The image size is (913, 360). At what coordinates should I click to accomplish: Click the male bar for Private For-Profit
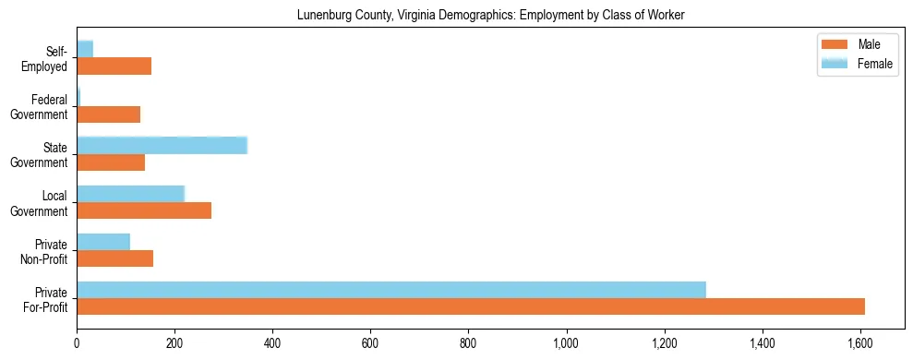[x=471, y=306]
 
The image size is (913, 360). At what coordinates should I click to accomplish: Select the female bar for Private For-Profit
[x=391, y=290]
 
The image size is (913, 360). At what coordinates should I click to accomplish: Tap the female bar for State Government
[x=162, y=145]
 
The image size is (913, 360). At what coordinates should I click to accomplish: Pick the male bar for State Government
[x=111, y=162]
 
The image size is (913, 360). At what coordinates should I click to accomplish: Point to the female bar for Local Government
[x=131, y=194]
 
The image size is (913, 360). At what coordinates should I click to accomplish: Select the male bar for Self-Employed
[x=114, y=66]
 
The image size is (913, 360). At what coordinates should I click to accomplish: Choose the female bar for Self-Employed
[x=85, y=49]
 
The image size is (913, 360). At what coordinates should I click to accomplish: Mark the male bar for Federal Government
[x=108, y=114]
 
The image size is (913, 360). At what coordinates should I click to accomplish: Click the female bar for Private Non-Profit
[x=103, y=242]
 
